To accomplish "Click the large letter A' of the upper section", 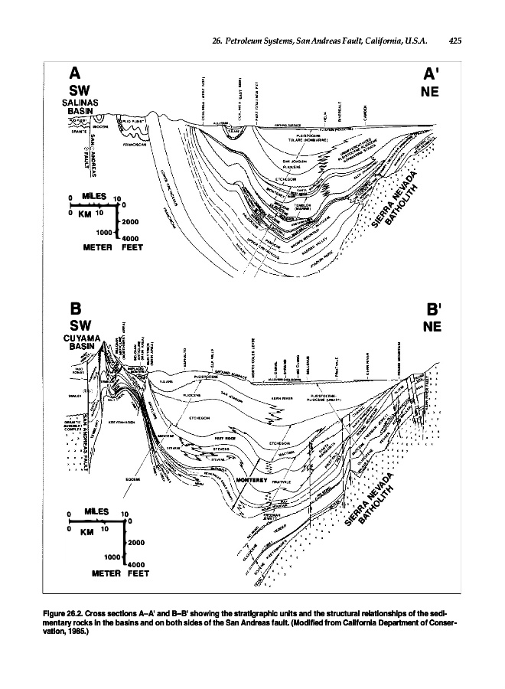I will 432,73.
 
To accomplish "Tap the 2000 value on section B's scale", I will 137,542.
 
